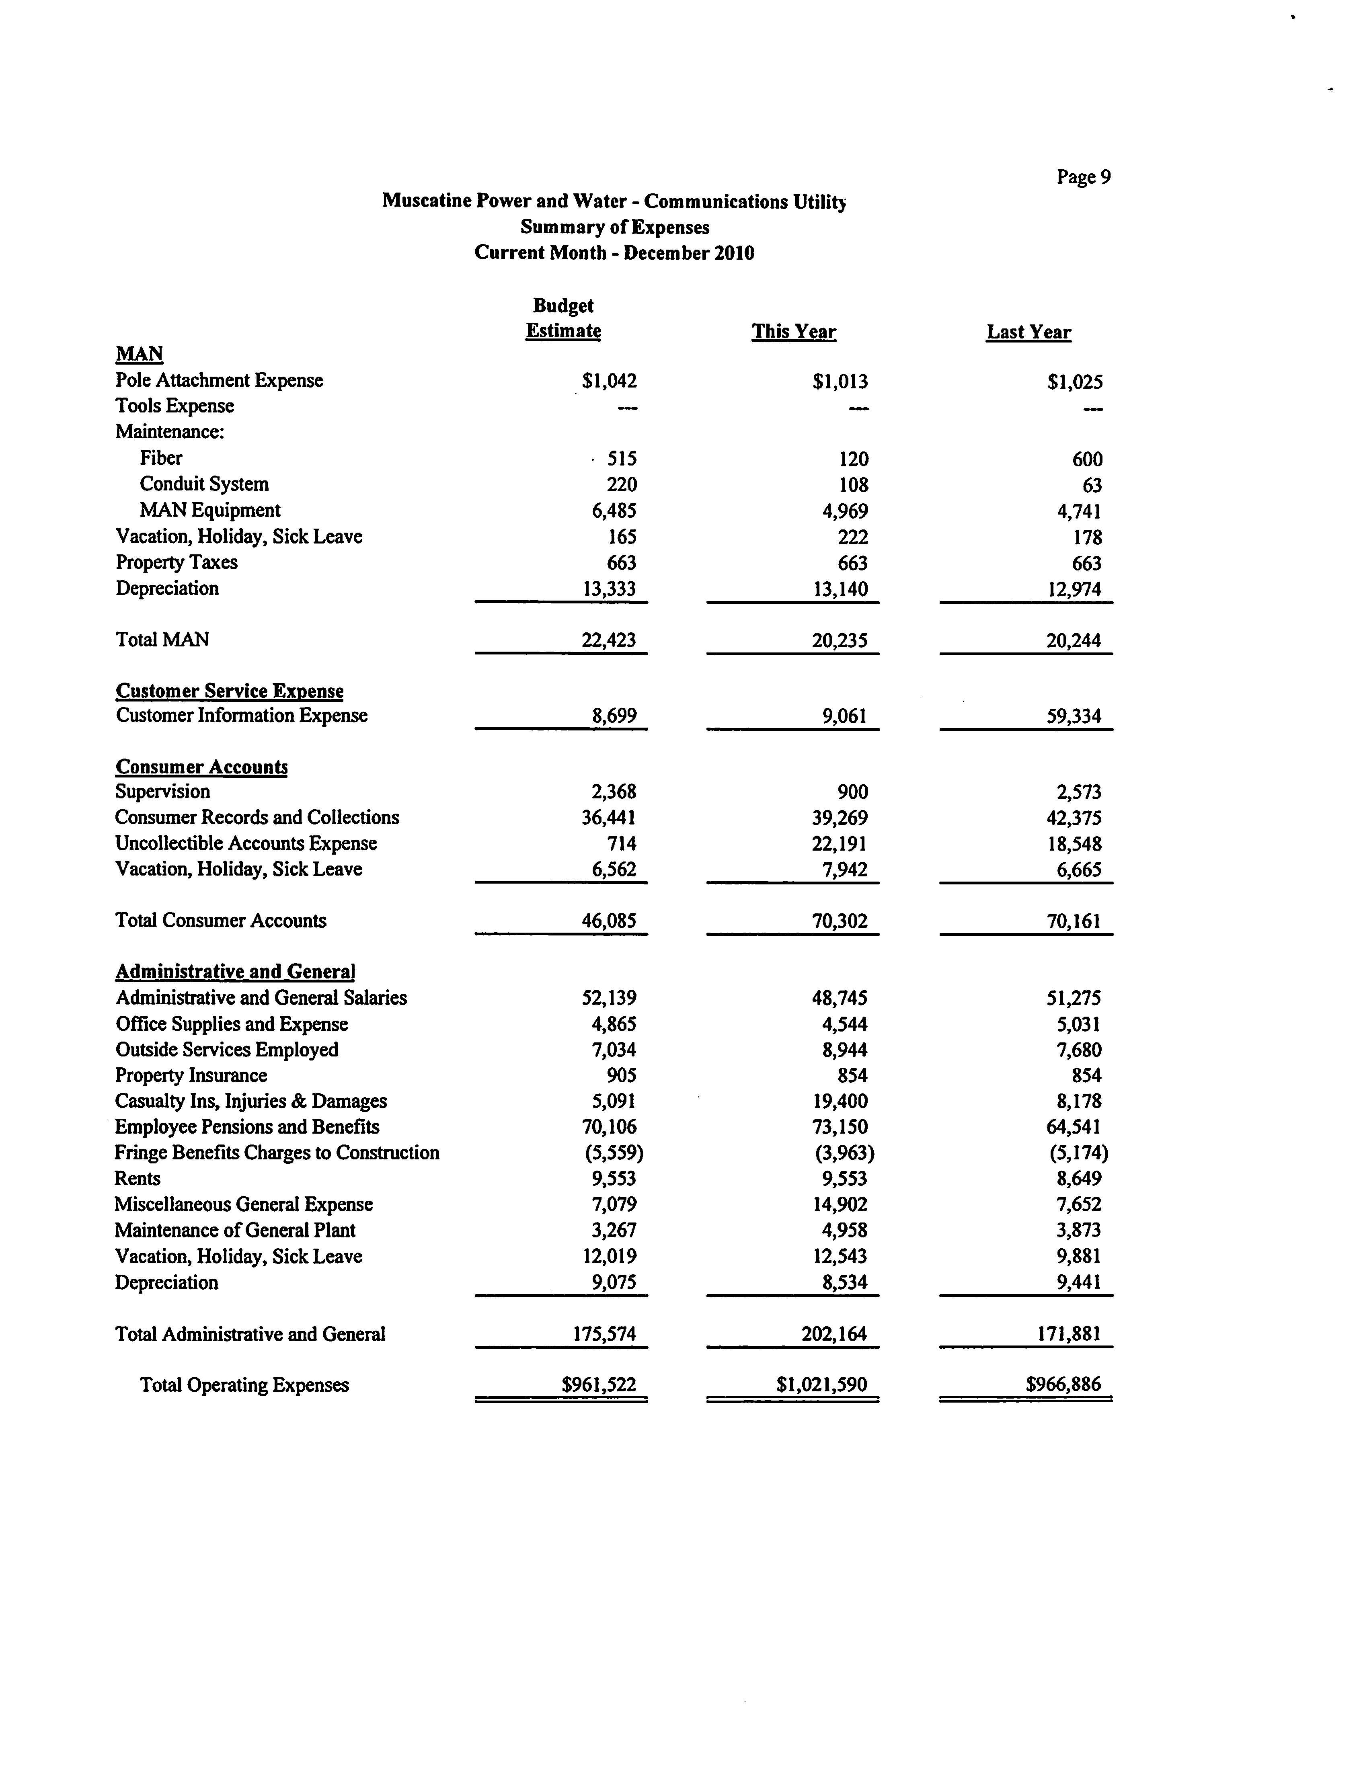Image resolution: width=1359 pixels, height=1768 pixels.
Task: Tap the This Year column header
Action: click(x=794, y=332)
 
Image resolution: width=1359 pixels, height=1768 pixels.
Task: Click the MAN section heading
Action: click(x=139, y=354)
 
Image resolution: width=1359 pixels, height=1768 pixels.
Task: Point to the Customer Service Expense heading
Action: click(x=230, y=691)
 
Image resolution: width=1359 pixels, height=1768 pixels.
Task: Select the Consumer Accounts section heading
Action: click(x=201, y=767)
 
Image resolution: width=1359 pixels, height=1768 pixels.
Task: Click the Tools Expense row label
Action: click(x=175, y=406)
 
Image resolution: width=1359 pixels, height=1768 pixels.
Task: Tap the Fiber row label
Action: click(x=161, y=458)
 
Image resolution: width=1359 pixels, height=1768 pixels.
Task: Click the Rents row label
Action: click(x=138, y=1178)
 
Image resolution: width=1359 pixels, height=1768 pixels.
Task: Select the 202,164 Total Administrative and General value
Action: click(x=834, y=1335)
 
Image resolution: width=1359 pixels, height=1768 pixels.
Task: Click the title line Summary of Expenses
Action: click(x=615, y=227)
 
